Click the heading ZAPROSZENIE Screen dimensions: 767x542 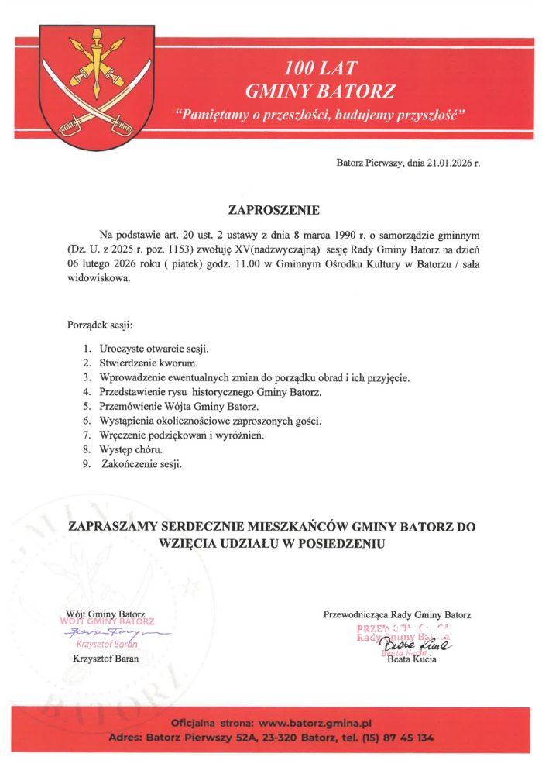click(271, 209)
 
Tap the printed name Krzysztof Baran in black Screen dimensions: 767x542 click(105, 659)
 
